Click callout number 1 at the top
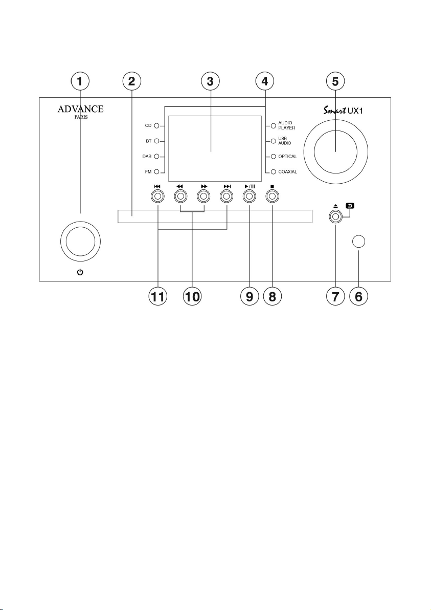pyautogui.click(x=80, y=82)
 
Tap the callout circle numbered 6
pyautogui.click(x=358, y=297)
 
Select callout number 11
pyautogui.click(x=157, y=297)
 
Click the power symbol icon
pyautogui.click(x=80, y=272)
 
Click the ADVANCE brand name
pyautogui.click(x=80, y=109)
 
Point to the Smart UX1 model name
pyautogui.click(x=343, y=111)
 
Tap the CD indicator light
pyautogui.click(x=157, y=126)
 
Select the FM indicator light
pyautogui.click(x=157, y=171)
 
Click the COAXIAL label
pyautogui.click(x=288, y=172)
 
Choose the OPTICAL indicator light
pyautogui.click(x=273, y=157)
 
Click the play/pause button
pyautogui.click(x=249, y=197)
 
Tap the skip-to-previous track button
pyautogui.click(x=157, y=197)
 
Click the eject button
pyautogui.click(x=335, y=217)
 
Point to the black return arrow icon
pyautogui.click(x=350, y=206)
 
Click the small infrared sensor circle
pyautogui.click(x=358, y=242)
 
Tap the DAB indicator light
pyautogui.click(x=157, y=157)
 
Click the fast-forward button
pyautogui.click(x=203, y=197)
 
